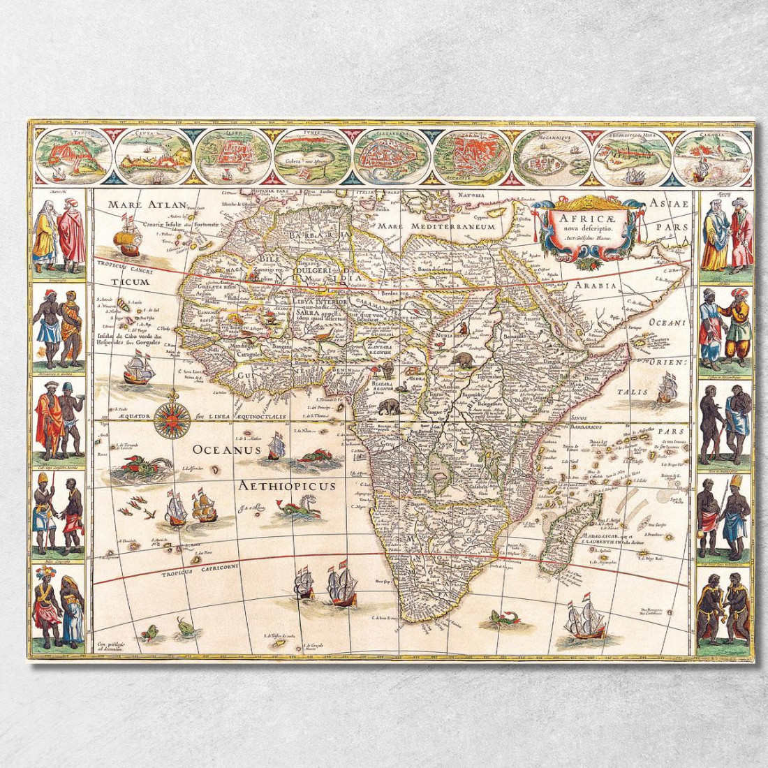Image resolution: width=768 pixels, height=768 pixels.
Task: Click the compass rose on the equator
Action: tap(172, 420)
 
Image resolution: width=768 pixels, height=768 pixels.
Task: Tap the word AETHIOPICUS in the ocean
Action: tap(286, 485)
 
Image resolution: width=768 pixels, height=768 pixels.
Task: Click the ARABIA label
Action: tap(596, 286)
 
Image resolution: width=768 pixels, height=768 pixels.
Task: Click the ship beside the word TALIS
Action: tap(667, 388)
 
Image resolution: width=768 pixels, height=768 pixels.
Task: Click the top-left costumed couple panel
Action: tap(58, 234)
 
